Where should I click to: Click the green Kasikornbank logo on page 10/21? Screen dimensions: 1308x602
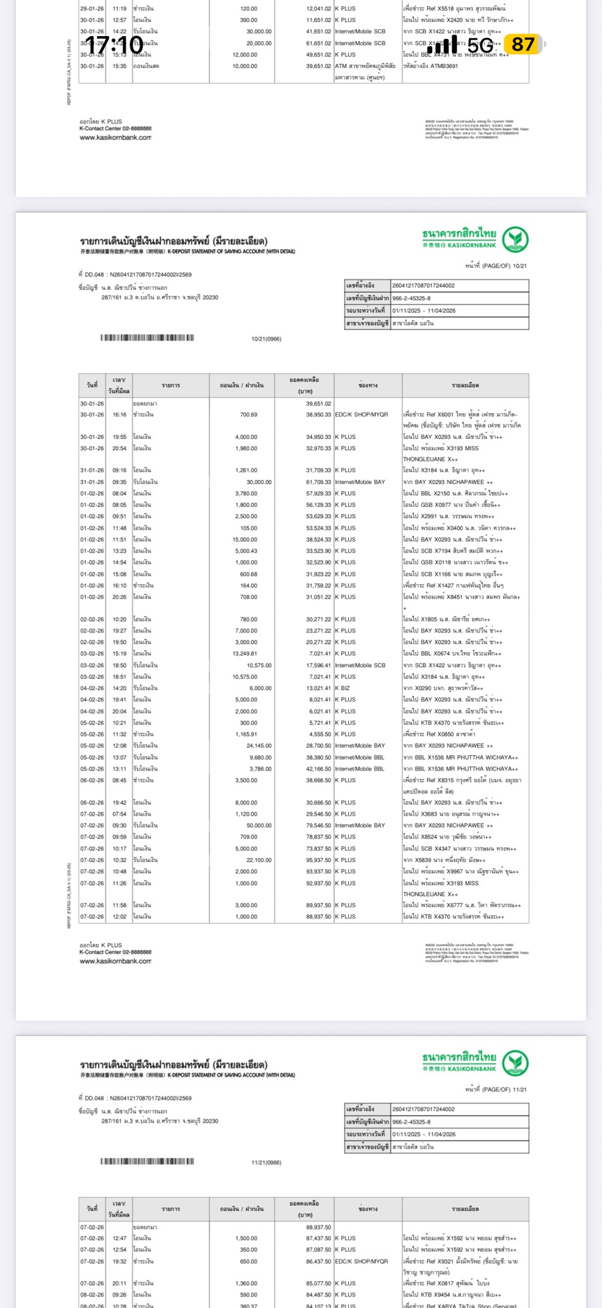pos(515,239)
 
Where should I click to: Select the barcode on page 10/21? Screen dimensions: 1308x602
pos(147,338)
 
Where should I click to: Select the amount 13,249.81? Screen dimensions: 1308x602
pos(244,653)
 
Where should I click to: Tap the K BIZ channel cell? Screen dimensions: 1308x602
pos(345,688)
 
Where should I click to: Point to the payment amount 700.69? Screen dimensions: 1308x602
pos(248,415)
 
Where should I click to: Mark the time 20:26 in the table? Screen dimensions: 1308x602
pos(119,596)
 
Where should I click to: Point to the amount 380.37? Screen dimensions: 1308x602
pos(248,1305)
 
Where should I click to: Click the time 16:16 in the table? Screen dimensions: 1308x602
pos(119,415)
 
